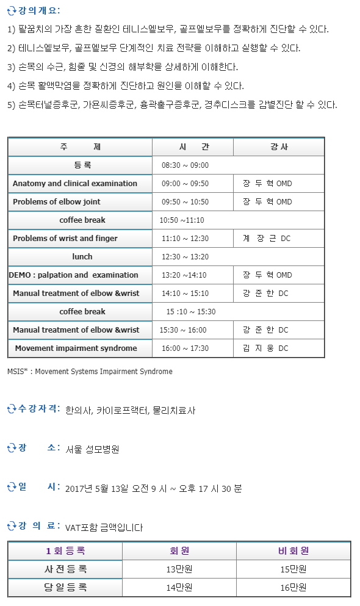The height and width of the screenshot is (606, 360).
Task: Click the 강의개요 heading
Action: (x=38, y=11)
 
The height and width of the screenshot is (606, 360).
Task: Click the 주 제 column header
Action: (x=80, y=147)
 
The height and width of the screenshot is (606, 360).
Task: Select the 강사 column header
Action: (x=279, y=147)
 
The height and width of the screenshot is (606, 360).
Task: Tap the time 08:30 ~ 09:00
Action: (x=185, y=165)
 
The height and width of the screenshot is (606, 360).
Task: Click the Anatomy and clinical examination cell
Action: (x=75, y=184)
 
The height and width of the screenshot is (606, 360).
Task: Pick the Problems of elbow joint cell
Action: (x=57, y=202)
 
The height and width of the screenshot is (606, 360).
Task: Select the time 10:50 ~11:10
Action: (x=182, y=220)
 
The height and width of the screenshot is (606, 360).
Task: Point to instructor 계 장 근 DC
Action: (x=266, y=239)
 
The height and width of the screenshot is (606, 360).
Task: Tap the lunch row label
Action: (x=82, y=257)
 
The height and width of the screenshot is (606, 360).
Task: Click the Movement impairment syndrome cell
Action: (x=76, y=348)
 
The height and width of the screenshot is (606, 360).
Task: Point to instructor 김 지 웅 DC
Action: (x=265, y=348)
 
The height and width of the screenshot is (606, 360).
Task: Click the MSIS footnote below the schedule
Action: (x=90, y=371)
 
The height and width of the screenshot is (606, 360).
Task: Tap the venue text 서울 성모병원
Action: (x=92, y=449)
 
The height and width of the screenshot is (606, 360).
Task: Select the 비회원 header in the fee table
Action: (x=293, y=550)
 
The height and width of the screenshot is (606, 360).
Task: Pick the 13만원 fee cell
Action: (x=179, y=569)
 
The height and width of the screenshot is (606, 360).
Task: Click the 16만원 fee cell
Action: (x=293, y=588)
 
